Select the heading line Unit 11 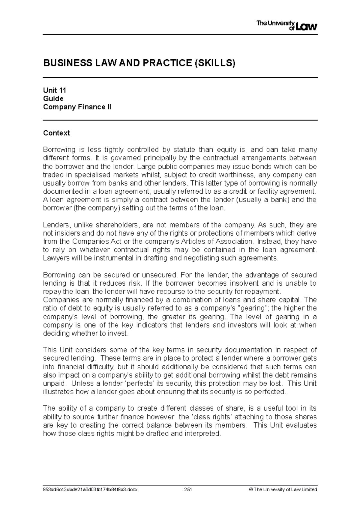55,90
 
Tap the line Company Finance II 77,107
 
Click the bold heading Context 56,133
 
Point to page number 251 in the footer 188,490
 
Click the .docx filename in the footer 90,490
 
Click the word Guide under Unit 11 53,99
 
